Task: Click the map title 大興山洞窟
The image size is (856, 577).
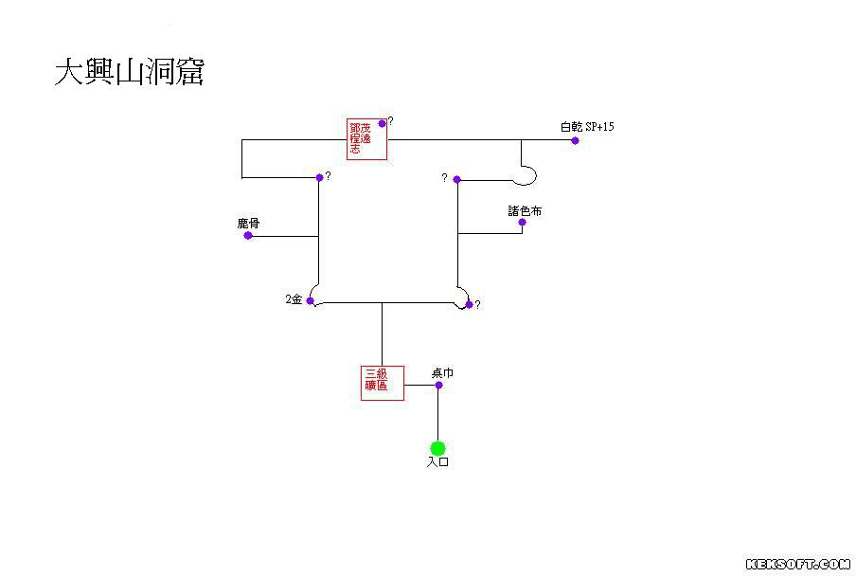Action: click(x=129, y=73)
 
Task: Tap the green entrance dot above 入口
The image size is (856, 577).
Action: click(x=437, y=448)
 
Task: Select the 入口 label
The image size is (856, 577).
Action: click(x=437, y=463)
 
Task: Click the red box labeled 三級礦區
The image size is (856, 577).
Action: click(x=383, y=383)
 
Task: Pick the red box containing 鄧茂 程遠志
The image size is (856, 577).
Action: click(x=366, y=139)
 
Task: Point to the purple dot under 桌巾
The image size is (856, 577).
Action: click(x=438, y=385)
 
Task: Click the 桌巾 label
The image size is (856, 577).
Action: click(x=442, y=373)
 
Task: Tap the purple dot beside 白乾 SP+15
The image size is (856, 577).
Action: click(x=575, y=140)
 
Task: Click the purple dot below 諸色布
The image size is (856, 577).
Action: click(x=522, y=223)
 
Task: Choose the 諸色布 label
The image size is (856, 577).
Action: click(x=525, y=211)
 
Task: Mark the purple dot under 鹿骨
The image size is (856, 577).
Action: click(x=248, y=235)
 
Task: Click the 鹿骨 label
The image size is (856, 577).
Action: click(x=248, y=224)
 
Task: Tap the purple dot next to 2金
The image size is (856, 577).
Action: click(x=310, y=300)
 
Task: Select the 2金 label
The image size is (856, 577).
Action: click(x=294, y=299)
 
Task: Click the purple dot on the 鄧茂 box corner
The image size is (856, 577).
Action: click(x=382, y=123)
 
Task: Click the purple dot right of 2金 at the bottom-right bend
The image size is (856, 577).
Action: click(x=468, y=304)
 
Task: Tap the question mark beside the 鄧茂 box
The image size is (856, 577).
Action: click(x=390, y=121)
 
